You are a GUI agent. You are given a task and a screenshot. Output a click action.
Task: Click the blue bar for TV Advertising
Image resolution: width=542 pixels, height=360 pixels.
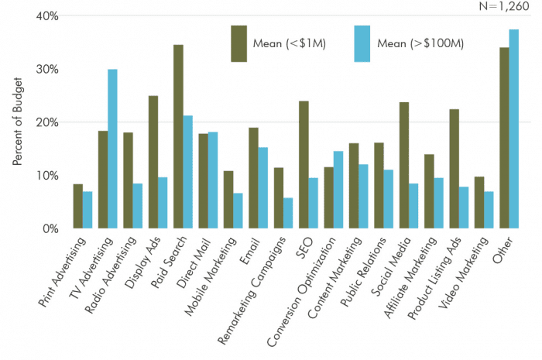(112, 149)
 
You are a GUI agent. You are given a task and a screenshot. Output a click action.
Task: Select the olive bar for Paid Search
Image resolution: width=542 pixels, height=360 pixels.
(178, 136)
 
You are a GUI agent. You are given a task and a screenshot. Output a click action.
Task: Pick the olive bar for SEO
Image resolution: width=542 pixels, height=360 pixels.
(304, 164)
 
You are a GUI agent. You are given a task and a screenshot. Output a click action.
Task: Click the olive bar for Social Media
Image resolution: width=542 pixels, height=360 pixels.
(404, 165)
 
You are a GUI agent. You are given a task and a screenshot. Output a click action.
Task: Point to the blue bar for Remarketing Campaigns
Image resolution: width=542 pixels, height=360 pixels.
(288, 213)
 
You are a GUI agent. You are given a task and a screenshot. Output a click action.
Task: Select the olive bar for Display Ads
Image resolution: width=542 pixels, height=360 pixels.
(153, 162)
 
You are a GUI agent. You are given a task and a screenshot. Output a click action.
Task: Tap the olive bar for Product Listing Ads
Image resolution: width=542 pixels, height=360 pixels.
(455, 169)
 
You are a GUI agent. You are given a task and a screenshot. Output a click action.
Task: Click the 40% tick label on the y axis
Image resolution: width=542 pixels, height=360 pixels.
(49, 16)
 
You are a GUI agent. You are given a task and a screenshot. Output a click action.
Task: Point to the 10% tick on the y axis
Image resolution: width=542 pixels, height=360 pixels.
(49, 176)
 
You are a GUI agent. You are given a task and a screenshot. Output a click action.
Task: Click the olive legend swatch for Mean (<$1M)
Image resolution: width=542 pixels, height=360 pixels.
(238, 43)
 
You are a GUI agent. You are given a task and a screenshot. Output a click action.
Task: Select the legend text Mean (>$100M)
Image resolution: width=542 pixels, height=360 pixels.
(420, 43)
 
